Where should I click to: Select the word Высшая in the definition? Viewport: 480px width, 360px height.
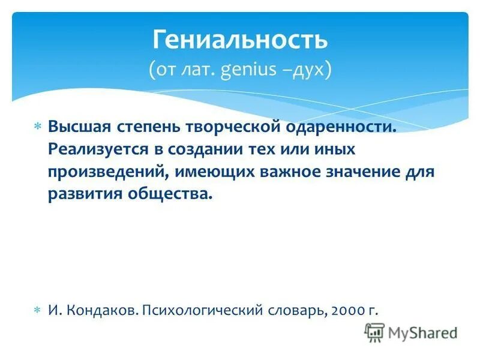coord(75,127)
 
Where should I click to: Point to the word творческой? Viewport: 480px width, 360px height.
coord(222,127)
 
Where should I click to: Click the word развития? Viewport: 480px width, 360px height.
coord(79,194)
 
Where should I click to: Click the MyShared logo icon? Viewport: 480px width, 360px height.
coord(374,331)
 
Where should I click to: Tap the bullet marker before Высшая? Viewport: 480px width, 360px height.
coord(37,127)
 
